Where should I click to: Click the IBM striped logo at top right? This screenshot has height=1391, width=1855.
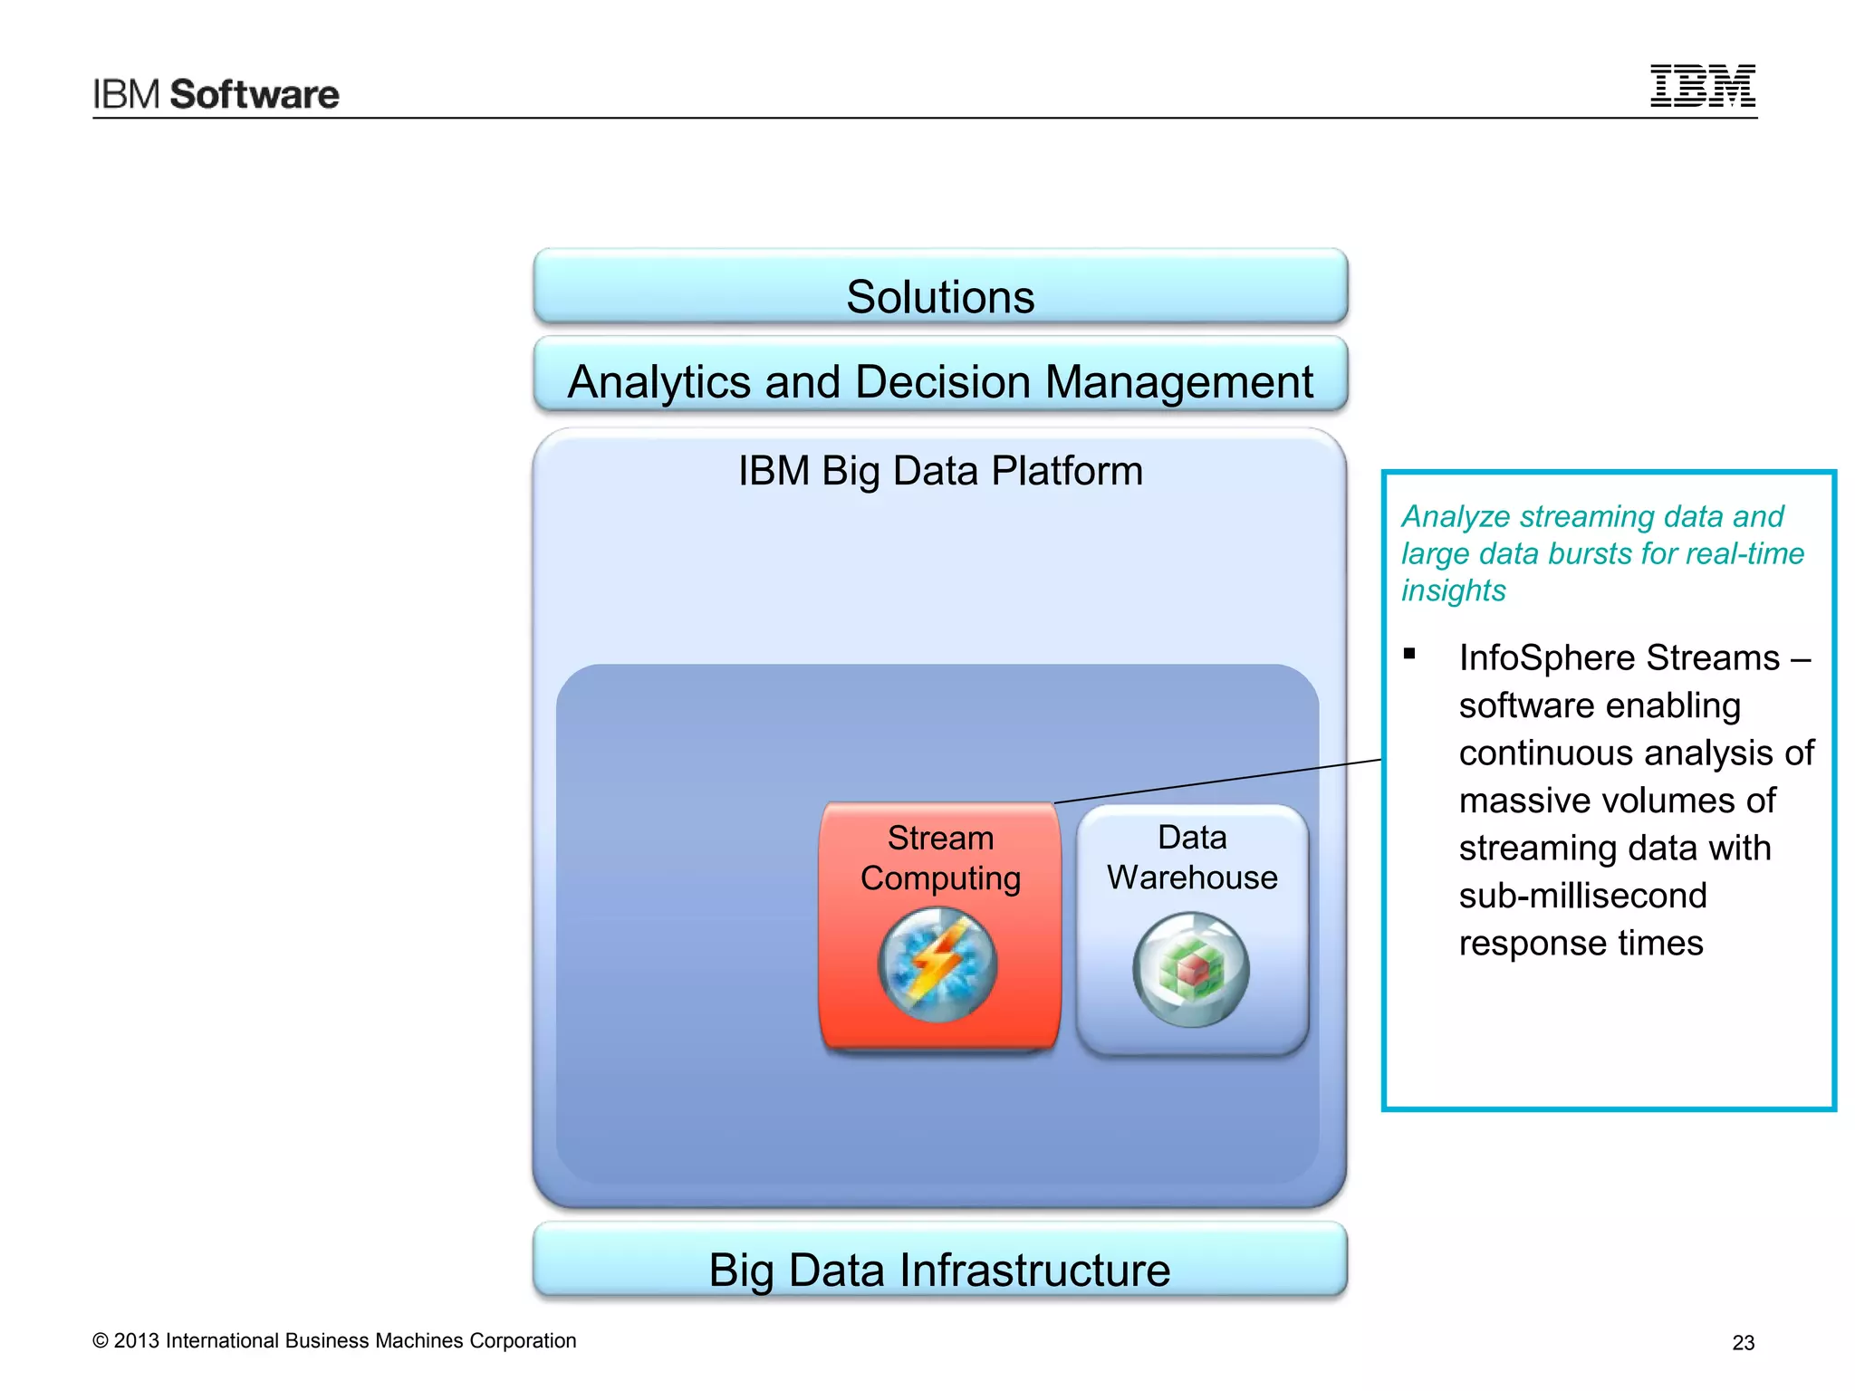point(1702,86)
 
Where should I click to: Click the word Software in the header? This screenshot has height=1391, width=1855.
point(255,95)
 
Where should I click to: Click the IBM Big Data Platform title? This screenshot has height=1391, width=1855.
point(940,471)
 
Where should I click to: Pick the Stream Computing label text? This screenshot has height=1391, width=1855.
point(940,858)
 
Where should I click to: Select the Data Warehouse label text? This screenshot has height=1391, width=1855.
point(1192,858)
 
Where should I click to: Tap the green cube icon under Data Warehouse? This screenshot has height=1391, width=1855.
point(1191,970)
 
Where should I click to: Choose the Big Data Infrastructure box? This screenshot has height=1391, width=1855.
point(939,1262)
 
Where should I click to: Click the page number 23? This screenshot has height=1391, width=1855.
point(1743,1343)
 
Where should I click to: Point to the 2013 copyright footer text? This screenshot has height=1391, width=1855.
point(334,1341)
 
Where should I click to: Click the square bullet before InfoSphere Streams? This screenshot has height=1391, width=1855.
point(1409,654)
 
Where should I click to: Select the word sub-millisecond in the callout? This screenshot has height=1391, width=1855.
point(1582,896)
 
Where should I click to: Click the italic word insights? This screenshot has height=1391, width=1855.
point(1453,590)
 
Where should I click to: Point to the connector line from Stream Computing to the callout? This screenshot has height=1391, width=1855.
point(1218,782)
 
